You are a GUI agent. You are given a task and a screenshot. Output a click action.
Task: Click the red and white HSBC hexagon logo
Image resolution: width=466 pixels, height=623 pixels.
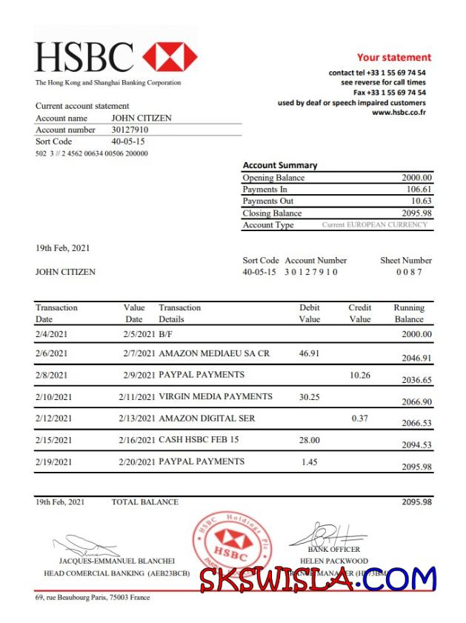(x=170, y=57)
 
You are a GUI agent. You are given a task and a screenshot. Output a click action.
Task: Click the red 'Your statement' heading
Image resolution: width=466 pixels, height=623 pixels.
(x=393, y=57)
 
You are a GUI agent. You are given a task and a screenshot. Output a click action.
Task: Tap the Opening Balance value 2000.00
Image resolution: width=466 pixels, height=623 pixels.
(x=417, y=178)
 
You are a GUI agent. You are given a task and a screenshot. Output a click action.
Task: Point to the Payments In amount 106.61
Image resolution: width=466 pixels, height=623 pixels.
(x=419, y=190)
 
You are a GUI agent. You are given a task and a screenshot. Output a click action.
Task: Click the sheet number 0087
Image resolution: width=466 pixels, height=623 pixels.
(x=408, y=272)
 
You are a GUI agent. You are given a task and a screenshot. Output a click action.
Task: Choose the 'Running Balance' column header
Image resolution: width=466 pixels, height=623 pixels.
(x=409, y=313)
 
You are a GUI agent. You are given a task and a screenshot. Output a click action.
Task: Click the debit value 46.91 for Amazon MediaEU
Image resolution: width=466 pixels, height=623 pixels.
(x=309, y=353)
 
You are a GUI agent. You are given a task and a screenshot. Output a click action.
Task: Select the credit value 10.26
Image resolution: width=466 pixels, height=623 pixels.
(x=359, y=375)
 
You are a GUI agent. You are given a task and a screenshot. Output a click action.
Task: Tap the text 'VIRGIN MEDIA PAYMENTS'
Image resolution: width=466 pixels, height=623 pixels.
(x=216, y=396)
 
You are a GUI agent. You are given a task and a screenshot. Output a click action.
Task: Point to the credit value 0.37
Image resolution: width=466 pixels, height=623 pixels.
(x=361, y=418)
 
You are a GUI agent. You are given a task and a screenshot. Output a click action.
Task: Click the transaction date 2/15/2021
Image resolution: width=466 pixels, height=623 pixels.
(x=54, y=440)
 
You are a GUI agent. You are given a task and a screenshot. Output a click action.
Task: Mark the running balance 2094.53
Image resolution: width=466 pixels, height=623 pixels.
(x=416, y=444)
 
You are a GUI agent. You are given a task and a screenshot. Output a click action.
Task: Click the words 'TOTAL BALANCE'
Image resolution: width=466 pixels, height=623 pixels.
(x=144, y=502)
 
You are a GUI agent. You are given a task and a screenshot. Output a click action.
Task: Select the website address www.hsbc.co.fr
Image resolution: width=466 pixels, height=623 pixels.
(x=399, y=113)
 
